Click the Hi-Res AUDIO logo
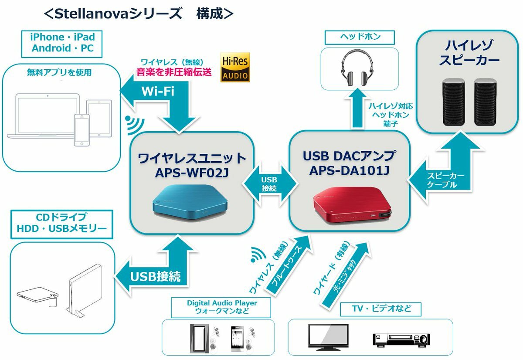click(235, 68)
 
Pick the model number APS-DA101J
click(349, 170)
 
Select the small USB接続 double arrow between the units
click(269, 184)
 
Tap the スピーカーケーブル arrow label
click(445, 180)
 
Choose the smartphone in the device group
click(82, 130)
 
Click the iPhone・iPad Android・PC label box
click(62, 43)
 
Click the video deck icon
click(401, 340)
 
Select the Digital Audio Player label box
click(222, 307)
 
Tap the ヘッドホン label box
click(360, 37)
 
